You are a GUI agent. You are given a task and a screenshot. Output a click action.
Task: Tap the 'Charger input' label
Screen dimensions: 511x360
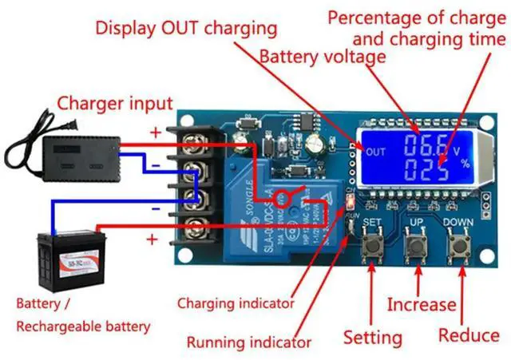click(x=114, y=102)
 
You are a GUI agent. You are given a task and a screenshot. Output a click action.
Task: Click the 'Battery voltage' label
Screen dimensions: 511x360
click(x=323, y=57)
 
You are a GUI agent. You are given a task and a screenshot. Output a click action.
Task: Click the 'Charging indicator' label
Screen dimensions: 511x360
click(x=236, y=303)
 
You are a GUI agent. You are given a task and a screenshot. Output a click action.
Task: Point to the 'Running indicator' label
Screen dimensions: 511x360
click(x=248, y=342)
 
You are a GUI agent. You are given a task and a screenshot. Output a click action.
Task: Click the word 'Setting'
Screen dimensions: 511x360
click(x=373, y=336)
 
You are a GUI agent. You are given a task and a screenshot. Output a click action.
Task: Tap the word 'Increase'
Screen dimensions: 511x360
click(x=422, y=304)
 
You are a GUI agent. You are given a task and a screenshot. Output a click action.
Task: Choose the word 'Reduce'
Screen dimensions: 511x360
click(x=469, y=334)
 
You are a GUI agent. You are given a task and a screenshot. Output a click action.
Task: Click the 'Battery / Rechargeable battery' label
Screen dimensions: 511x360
click(x=84, y=315)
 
